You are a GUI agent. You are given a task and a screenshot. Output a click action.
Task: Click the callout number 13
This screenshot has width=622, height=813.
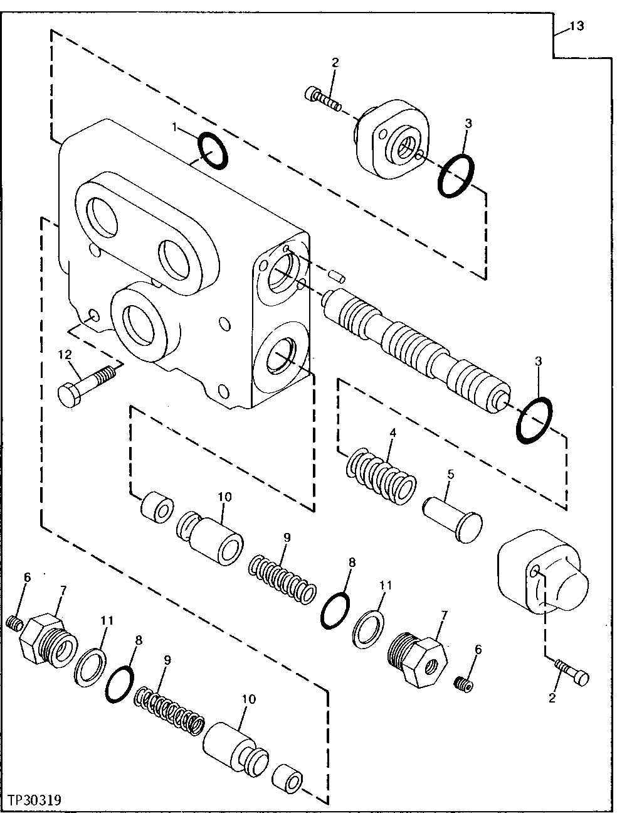[576, 26]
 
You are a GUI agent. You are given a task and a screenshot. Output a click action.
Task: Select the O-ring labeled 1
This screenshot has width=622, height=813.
[213, 151]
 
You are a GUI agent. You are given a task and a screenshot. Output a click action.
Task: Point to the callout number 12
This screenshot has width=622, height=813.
[66, 355]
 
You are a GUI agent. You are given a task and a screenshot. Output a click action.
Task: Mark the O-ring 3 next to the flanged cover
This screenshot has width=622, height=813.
[456, 176]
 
